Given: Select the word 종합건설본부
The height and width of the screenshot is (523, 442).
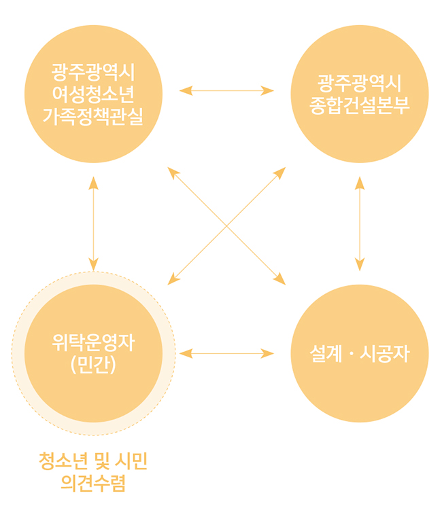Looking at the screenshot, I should (360, 106).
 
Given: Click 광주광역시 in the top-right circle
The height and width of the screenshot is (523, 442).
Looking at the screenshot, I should (360, 84).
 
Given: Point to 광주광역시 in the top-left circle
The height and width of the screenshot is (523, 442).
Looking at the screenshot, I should (93, 71).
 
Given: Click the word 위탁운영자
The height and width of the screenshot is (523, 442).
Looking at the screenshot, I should (93, 343).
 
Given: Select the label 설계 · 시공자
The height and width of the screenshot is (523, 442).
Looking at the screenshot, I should (360, 354).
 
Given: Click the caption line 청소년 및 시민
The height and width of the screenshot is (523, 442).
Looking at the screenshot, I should (93, 463).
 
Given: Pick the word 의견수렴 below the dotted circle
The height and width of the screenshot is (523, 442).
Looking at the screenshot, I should (93, 484).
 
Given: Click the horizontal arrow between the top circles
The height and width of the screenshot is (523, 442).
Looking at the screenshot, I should (226, 90).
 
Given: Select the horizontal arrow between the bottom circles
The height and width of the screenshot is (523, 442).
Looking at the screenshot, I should (226, 353).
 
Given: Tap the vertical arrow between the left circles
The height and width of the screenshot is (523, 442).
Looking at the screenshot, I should (93, 224).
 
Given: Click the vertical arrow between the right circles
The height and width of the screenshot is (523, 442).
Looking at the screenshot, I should (360, 224).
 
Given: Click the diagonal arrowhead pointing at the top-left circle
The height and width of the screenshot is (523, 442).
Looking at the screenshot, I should (173, 172).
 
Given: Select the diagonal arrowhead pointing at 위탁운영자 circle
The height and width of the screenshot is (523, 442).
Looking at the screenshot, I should (173, 279).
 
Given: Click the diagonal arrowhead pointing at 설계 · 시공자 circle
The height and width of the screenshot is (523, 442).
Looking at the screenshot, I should (280, 279).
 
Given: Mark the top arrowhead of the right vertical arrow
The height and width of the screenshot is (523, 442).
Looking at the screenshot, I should (360, 182).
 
